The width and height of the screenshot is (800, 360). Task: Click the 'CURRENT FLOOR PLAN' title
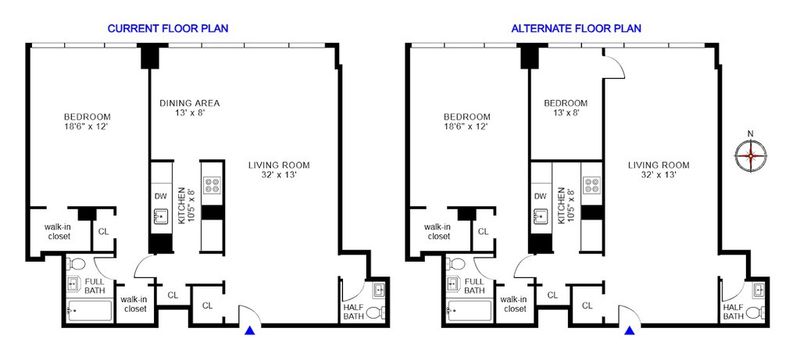click(168, 29)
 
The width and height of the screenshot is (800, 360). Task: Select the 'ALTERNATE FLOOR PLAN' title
click(577, 29)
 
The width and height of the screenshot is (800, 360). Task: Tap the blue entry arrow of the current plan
click(249, 330)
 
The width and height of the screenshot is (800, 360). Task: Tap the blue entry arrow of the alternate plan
click(630, 330)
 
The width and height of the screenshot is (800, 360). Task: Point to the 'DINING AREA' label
click(190, 103)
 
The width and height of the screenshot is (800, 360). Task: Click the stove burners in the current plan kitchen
click(212, 185)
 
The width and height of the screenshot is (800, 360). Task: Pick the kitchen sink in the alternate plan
click(540, 217)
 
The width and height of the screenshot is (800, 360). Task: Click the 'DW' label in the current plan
click(159, 196)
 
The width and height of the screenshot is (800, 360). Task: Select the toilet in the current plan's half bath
click(376, 312)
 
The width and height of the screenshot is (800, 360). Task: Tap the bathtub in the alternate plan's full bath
click(469, 311)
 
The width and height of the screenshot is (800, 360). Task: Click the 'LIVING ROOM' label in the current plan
click(279, 165)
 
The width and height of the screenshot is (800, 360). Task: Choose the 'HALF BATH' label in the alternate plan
click(733, 311)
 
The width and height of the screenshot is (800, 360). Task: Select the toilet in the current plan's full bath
click(77, 264)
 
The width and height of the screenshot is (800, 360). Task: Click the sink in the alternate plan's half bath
click(759, 291)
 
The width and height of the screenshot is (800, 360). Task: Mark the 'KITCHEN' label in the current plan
click(181, 205)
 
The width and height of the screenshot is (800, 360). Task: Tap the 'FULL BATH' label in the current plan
click(95, 286)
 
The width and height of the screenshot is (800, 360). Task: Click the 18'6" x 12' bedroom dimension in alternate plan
click(467, 126)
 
